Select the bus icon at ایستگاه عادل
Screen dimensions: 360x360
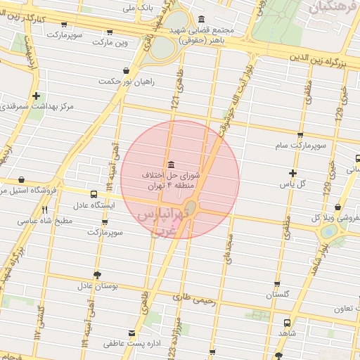tap(94, 194)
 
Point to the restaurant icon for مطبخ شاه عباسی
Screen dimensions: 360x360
tap(45, 210)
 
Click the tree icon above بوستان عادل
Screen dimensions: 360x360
tap(96, 275)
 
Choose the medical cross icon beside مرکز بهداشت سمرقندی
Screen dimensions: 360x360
tap(36, 96)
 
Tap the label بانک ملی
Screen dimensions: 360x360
tap(138, 8)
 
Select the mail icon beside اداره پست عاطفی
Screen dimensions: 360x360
tap(131, 333)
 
